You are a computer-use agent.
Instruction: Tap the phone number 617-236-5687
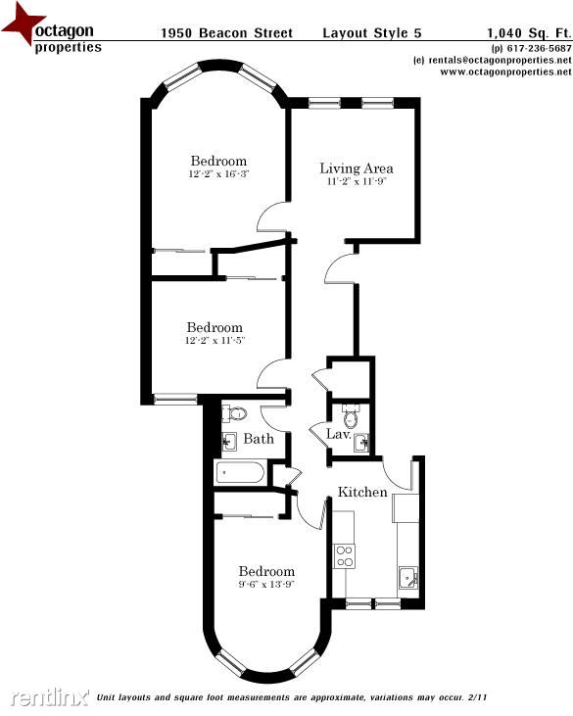pyautogui.click(x=540, y=48)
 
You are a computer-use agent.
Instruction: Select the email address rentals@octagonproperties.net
pyautogui.click(x=500, y=60)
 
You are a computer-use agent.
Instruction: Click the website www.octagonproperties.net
pyautogui.click(x=505, y=72)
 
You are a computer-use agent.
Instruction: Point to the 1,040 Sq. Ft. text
pyautogui.click(x=529, y=33)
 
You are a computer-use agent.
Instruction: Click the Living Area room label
pyautogui.click(x=357, y=168)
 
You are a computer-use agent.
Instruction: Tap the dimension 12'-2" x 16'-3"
pyautogui.click(x=218, y=174)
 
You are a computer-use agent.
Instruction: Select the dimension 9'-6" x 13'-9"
pyautogui.click(x=266, y=584)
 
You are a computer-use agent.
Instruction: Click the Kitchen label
pyautogui.click(x=362, y=492)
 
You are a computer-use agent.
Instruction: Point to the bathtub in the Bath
pyautogui.click(x=240, y=473)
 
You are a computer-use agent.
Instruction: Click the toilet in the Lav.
pyautogui.click(x=351, y=416)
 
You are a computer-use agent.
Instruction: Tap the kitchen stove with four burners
pyautogui.click(x=344, y=556)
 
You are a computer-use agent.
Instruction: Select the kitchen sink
pyautogui.click(x=407, y=578)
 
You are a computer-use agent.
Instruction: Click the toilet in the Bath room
pyautogui.click(x=235, y=413)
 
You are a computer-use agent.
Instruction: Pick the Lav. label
pyautogui.click(x=338, y=434)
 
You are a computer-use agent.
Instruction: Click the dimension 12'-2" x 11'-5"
pyautogui.click(x=215, y=340)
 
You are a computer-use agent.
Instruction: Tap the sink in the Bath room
pyautogui.click(x=229, y=442)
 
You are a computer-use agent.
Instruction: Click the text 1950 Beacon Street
pyautogui.click(x=227, y=33)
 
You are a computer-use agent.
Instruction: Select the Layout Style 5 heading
pyautogui.click(x=372, y=33)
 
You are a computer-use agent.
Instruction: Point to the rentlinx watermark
pyautogui.click(x=50, y=696)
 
